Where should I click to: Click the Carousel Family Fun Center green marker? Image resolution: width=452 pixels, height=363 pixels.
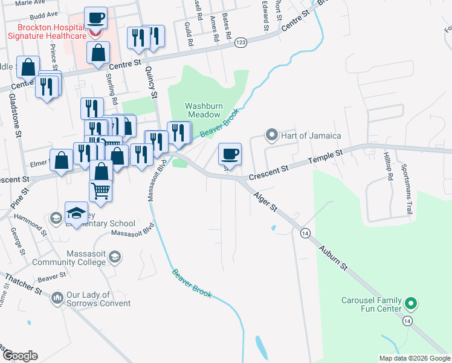click(x=411, y=302)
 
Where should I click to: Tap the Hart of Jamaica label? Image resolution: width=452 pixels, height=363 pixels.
click(x=311, y=135)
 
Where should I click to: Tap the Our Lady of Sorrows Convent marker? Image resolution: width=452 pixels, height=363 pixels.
click(x=58, y=298)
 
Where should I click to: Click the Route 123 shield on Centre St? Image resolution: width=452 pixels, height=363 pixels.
click(x=241, y=42)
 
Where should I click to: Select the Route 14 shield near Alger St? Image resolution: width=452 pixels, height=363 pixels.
click(x=305, y=233)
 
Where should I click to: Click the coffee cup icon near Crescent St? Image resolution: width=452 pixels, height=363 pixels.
click(x=229, y=154)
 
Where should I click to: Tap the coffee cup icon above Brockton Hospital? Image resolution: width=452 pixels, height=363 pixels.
click(x=96, y=18)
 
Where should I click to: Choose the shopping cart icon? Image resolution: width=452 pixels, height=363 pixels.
click(x=101, y=191)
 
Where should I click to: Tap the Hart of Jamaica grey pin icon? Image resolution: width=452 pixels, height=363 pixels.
click(x=272, y=134)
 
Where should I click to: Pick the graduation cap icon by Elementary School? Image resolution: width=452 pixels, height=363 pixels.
click(x=76, y=212)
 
